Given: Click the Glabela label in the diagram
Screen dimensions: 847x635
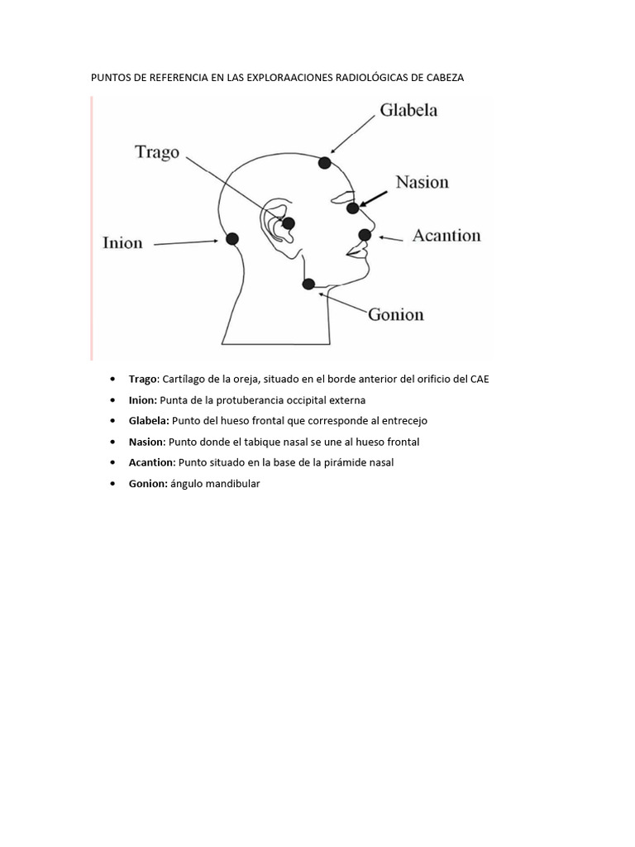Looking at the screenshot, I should (x=408, y=110).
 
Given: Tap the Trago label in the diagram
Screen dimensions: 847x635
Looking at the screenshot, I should (x=157, y=152).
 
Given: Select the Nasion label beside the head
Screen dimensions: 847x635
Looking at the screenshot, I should (x=422, y=182).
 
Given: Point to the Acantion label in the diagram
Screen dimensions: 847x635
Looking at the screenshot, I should (x=446, y=236).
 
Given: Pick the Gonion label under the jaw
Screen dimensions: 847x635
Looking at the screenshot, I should (x=395, y=314).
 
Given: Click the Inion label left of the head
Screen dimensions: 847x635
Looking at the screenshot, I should (x=122, y=243).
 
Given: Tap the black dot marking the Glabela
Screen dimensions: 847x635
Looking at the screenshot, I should (x=325, y=163).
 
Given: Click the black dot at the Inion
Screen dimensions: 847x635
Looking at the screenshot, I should (x=232, y=239).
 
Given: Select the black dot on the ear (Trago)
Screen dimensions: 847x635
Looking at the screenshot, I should (x=289, y=223).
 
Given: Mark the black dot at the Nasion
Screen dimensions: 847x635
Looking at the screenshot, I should (x=353, y=208).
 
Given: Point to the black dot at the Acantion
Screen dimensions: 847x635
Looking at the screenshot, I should (x=365, y=235).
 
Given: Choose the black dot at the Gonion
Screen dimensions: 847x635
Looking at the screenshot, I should (x=308, y=284).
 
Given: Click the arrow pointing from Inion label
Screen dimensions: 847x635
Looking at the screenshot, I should (x=186, y=242).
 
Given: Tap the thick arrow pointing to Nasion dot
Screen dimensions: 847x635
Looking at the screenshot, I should (x=375, y=197).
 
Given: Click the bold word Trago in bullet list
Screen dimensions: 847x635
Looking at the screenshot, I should (x=142, y=379).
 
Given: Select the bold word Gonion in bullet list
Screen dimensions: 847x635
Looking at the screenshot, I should (x=148, y=483).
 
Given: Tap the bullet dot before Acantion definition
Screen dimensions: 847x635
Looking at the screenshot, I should (x=112, y=462).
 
